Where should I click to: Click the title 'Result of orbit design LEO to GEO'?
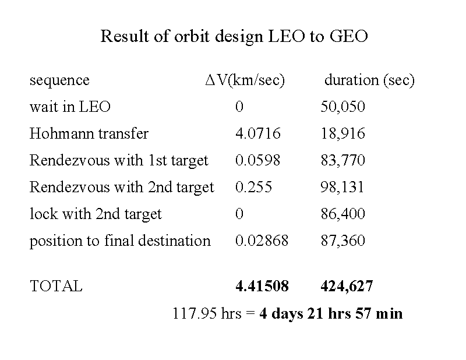tap(234, 37)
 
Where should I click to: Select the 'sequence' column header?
tap(59, 80)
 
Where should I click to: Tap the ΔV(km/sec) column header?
tap(245, 80)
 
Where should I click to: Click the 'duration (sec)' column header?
tap(369, 80)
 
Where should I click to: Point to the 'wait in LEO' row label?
tap(70, 107)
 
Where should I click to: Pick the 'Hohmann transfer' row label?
tap(89, 134)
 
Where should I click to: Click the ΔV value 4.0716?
tap(257, 134)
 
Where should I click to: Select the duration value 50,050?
tap(343, 107)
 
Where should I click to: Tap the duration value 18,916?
tap(343, 134)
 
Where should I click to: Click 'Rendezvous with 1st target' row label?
tap(119, 161)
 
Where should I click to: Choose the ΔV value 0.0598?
tap(257, 161)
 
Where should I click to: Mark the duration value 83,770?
tap(343, 161)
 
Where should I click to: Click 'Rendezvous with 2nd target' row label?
tap(122, 188)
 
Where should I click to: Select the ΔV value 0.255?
tap(253, 188)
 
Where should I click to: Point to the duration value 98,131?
tap(343, 188)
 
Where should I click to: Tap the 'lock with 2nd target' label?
tap(96, 214)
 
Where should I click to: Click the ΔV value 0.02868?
tap(262, 241)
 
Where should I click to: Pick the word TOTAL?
tap(56, 287)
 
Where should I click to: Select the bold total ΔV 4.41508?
tap(262, 287)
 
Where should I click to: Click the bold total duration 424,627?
tap(347, 287)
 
